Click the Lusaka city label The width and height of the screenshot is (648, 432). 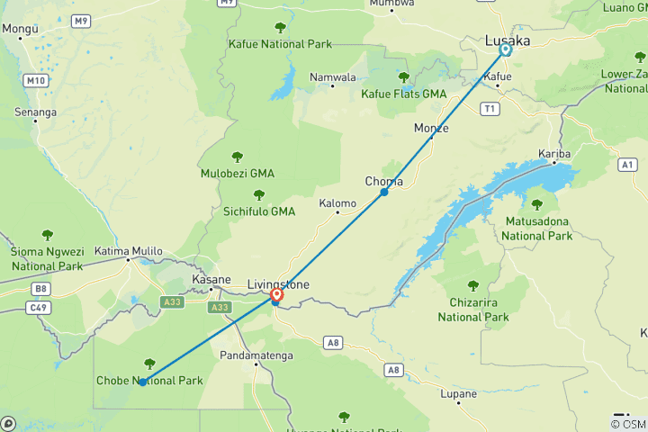508,40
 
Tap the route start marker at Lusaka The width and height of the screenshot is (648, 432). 506,50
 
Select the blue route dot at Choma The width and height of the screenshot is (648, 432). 384,193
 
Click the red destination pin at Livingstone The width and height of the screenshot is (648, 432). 276,294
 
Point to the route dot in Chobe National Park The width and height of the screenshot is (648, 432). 143,382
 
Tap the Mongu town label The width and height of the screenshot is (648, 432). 19,29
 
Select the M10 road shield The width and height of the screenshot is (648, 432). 36,81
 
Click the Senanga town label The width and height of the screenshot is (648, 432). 35,112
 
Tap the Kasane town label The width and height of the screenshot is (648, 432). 212,280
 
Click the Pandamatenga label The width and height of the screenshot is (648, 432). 255,355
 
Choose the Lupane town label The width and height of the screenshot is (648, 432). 459,393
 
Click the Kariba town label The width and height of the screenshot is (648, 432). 554,153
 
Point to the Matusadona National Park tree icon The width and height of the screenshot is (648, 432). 537,205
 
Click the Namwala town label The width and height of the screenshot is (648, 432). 332,77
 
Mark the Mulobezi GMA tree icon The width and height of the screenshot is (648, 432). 238,157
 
